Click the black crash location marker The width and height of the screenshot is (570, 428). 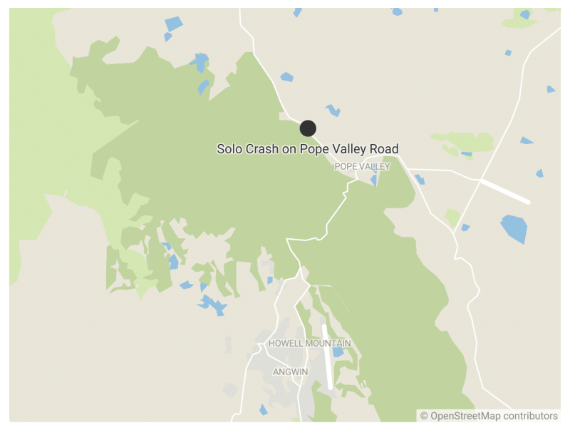point(308,128)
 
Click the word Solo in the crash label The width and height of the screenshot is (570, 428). point(230,149)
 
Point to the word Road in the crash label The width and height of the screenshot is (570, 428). point(383,149)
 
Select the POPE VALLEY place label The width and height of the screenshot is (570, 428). point(363,166)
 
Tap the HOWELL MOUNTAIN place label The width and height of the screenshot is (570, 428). point(309,344)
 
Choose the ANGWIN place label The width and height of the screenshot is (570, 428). point(291,372)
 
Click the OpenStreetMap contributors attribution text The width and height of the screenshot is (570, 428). point(489,416)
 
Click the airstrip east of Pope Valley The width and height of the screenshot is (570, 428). point(504,191)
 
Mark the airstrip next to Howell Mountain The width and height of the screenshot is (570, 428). point(328,357)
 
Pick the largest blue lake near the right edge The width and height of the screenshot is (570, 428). point(514,228)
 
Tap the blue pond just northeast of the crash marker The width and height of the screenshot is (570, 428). point(333,111)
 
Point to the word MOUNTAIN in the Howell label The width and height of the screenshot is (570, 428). point(328,344)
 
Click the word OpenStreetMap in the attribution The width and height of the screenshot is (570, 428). point(465,416)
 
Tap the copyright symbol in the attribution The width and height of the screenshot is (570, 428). point(424,416)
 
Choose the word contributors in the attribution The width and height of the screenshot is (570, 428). point(530,416)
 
